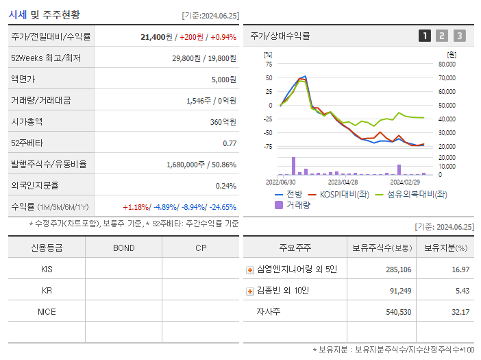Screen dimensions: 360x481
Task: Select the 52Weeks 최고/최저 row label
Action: [46, 58]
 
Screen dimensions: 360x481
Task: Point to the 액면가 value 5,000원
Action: [223, 80]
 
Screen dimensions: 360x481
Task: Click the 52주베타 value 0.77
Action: [230, 143]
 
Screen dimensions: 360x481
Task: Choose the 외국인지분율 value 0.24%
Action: [225, 185]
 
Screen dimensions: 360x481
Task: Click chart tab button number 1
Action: [425, 36]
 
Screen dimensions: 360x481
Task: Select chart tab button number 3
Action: [459, 36]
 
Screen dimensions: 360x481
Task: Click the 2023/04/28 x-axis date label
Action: [343, 182]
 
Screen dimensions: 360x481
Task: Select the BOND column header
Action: [123, 248]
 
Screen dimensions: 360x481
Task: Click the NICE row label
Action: [47, 311]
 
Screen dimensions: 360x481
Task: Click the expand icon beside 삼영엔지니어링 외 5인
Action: [249, 269]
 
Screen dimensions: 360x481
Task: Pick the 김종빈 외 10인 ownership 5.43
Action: [461, 291]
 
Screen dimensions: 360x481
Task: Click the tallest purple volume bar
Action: [293, 166]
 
